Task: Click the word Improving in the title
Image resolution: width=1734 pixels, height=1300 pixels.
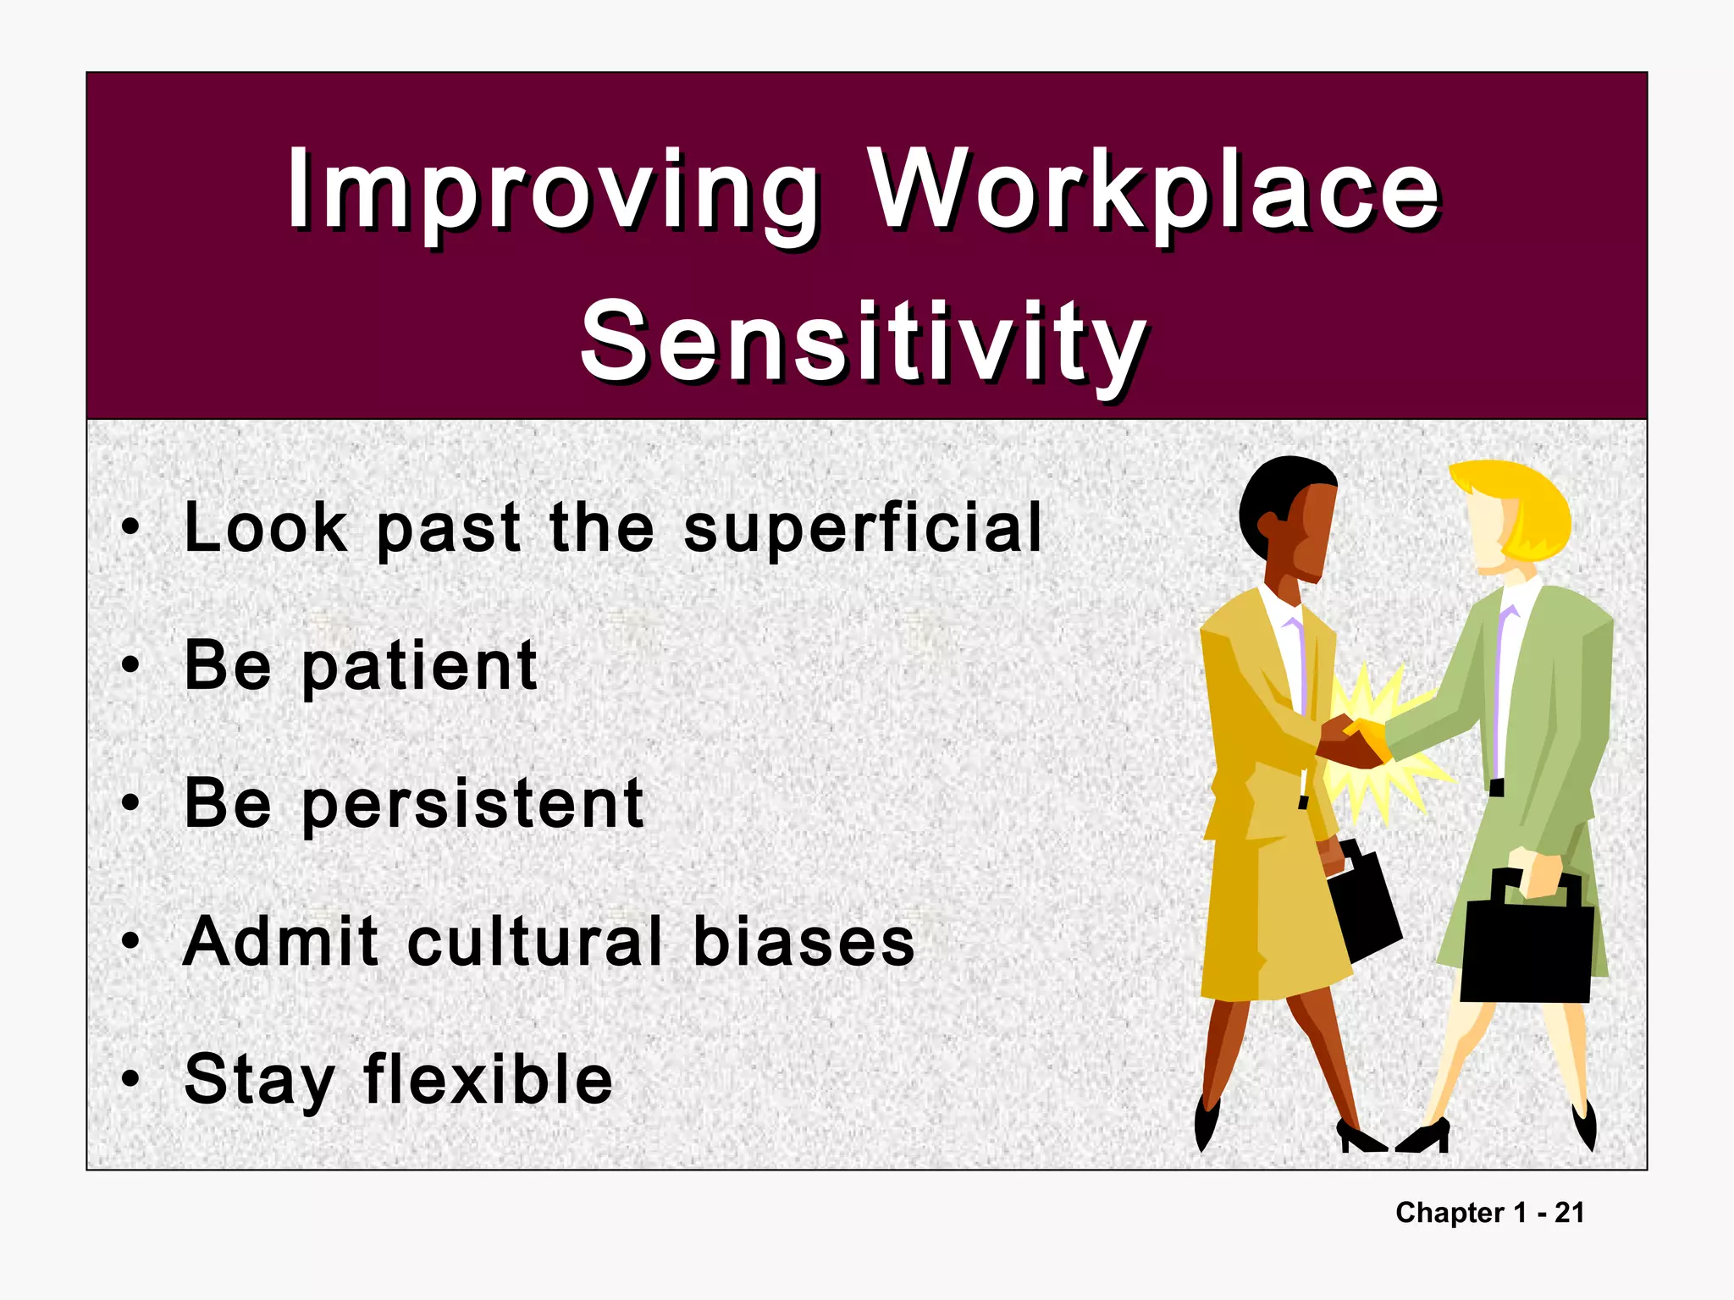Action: click(x=552, y=190)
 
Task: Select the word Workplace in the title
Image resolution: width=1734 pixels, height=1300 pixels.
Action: click(x=1156, y=190)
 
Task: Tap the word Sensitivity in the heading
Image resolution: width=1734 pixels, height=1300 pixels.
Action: click(x=864, y=343)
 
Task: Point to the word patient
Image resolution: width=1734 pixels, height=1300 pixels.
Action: click(x=419, y=667)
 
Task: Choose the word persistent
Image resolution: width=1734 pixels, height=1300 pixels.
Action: click(x=472, y=804)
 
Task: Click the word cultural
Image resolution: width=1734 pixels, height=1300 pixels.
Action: click(x=535, y=941)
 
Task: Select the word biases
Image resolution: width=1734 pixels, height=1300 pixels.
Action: click(x=803, y=941)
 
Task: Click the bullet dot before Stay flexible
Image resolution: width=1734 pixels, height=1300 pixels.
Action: click(x=130, y=1079)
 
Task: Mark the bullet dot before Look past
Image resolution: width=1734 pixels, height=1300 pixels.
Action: click(x=130, y=528)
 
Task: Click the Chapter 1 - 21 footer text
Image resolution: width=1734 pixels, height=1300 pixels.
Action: click(x=1489, y=1212)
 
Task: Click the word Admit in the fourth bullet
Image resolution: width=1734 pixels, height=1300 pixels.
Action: click(x=280, y=941)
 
